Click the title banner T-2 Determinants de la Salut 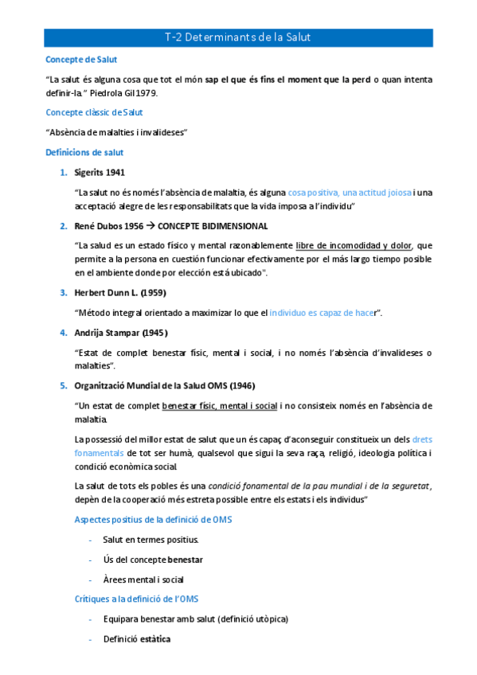tap(237, 37)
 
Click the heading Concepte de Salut tap(82, 59)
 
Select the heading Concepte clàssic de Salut tap(95, 112)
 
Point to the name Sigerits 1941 tap(99, 172)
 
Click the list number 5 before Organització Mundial tap(64, 386)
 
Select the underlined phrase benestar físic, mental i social tap(219, 406)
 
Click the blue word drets tap(424, 439)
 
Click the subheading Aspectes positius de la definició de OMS tap(152, 520)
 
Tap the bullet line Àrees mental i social tap(143, 579)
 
